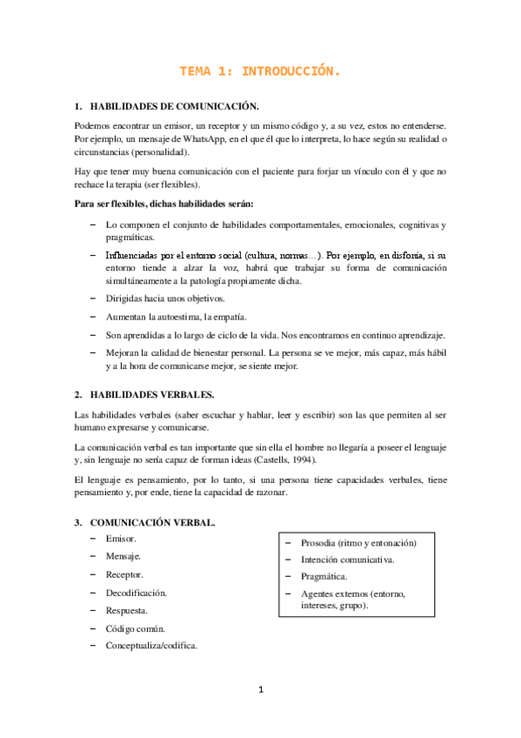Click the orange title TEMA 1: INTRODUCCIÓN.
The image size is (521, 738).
(260, 71)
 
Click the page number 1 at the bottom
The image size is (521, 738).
(260, 690)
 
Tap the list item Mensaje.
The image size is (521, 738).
(124, 556)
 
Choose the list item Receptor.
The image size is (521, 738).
(124, 574)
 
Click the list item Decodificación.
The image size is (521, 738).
(136, 592)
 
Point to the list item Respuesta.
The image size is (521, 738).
(127, 610)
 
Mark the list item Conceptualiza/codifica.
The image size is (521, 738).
(151, 646)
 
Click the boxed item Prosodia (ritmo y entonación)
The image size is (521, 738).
(358, 542)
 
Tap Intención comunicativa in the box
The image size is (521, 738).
(347, 560)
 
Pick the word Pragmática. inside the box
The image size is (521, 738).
(324, 577)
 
